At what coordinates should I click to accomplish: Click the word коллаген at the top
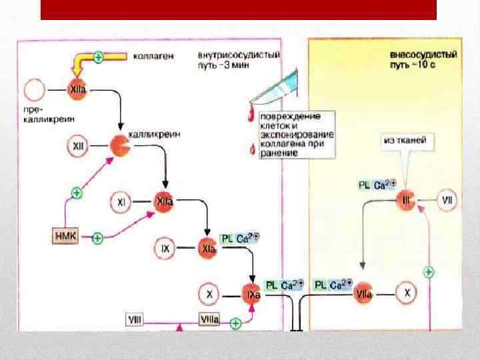pos(154,57)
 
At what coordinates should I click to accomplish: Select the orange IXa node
pos(251,293)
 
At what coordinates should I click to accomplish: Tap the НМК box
pos(65,236)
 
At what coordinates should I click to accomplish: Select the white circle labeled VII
pos(447,200)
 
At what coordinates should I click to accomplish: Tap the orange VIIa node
pos(364,293)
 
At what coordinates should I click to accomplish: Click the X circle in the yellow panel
pos(408,293)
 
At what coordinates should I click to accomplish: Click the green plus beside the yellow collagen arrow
pos(98,57)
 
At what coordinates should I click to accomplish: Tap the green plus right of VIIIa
pos(235,323)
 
